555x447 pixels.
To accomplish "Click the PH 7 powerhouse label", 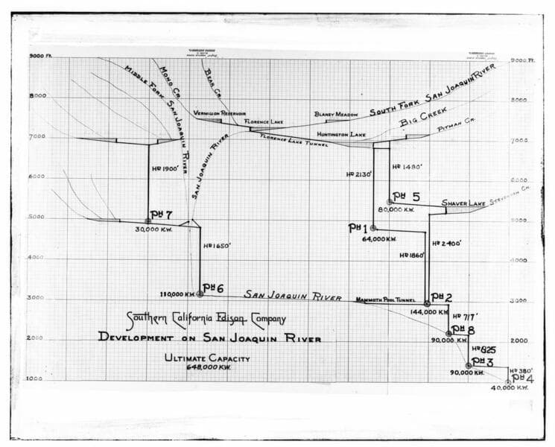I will [162, 215].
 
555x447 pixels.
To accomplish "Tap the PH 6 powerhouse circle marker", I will [200, 294].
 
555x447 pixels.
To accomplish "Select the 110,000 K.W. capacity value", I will [174, 294].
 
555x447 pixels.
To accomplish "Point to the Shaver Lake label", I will [463, 203].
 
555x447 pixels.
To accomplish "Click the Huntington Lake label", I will [339, 134].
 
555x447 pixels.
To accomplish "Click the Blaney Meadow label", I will [336, 114].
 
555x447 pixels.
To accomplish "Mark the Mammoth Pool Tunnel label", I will [385, 299].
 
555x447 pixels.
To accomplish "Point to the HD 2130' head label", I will [359, 174].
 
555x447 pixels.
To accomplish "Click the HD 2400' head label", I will [447, 243].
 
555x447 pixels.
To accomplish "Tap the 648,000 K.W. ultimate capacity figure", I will [207, 367].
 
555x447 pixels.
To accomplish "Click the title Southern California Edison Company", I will [205, 319].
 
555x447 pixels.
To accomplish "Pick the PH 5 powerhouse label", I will [406, 197].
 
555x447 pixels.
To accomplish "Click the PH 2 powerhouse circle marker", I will [427, 304].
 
